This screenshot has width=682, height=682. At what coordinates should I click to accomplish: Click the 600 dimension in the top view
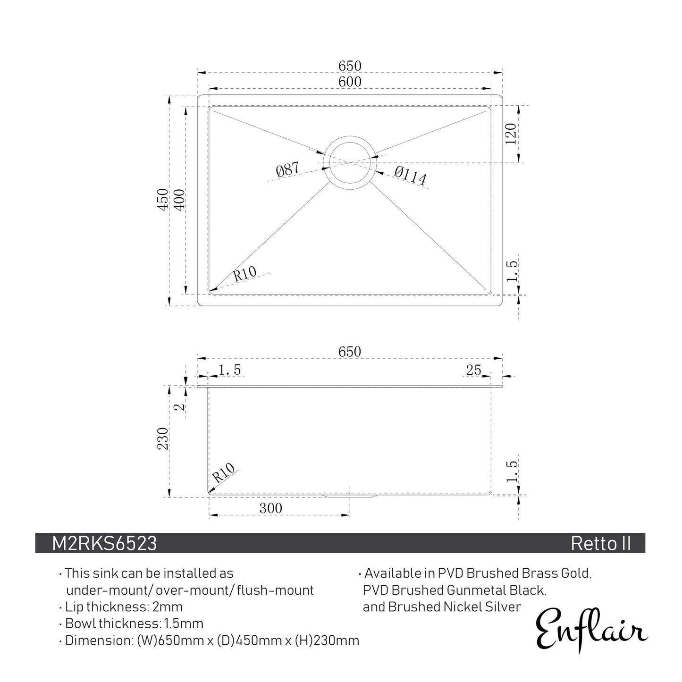pos(349,82)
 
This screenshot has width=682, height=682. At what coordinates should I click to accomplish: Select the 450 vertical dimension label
pos(162,199)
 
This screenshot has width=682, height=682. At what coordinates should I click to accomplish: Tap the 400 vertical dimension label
pos(179,199)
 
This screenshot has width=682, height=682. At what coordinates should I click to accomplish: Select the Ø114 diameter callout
pos(410,176)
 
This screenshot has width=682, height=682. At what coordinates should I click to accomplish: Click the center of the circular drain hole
pos(350,162)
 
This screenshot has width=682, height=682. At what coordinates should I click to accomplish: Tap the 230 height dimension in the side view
pos(162,439)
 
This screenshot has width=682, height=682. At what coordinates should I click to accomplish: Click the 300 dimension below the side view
pos(270,508)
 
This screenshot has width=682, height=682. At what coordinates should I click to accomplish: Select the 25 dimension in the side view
pos(473,370)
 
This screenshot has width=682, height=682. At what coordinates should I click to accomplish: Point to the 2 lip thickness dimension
pos(179,405)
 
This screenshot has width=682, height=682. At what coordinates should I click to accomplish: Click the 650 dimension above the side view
pos(349,352)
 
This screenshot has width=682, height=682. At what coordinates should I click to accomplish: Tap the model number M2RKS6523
pos(104,544)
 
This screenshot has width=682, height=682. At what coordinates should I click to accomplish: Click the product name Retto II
pos(600,544)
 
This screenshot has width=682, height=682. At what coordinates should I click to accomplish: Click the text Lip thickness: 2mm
pos(124,606)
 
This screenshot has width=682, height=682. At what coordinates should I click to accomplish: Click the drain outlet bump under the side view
pos(350,497)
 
